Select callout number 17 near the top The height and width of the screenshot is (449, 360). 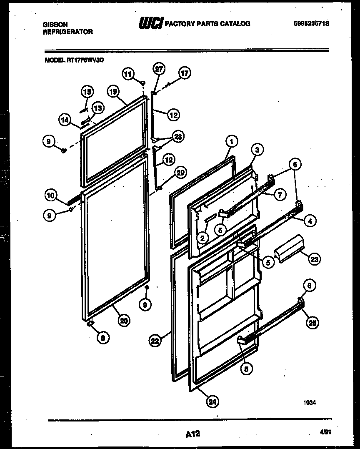coord(184,74)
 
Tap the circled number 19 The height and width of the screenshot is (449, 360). coord(112,91)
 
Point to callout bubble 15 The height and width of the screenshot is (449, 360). coord(87,92)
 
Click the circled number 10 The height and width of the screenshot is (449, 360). coord(51,194)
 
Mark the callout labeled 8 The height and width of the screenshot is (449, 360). coord(101,338)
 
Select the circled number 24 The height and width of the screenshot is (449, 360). coord(212,402)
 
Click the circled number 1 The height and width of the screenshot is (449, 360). coord(232,141)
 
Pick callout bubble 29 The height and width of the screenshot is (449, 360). coord(181,172)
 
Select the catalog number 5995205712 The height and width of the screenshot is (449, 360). coord(311,24)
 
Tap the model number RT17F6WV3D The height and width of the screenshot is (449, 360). coord(85,60)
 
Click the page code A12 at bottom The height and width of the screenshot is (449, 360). coord(192,434)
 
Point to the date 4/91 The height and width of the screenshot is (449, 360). coord(323,434)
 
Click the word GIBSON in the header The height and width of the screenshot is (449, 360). coord(55,25)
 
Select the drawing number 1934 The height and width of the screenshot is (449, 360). coord(310,403)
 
